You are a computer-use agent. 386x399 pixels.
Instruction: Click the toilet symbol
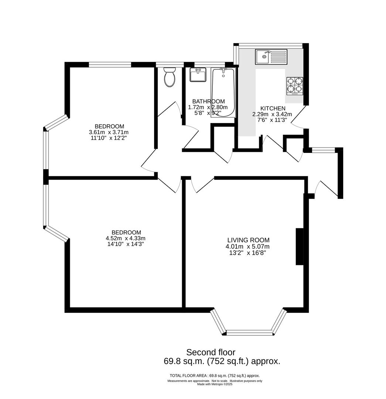point(170,77)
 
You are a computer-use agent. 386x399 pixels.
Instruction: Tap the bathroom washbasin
point(198,75)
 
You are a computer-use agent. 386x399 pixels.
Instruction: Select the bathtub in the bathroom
point(223,92)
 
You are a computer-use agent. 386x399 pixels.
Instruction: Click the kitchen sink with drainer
point(271,57)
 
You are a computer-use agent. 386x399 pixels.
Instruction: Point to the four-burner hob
point(295,85)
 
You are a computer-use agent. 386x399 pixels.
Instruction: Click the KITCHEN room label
point(273,108)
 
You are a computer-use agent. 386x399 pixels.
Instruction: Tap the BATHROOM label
point(208,101)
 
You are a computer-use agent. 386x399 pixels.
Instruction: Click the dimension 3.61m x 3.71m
point(109,132)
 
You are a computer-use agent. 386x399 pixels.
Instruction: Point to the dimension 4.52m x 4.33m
point(126,238)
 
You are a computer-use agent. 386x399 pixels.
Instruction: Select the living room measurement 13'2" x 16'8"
point(248,253)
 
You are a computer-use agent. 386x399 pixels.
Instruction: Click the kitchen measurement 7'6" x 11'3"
point(272,120)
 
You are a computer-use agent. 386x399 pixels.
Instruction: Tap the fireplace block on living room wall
point(300,246)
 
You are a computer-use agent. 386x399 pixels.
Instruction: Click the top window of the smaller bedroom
point(110,65)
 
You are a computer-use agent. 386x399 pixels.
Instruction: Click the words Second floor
point(211,352)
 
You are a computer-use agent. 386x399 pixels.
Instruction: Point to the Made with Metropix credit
point(215,384)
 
